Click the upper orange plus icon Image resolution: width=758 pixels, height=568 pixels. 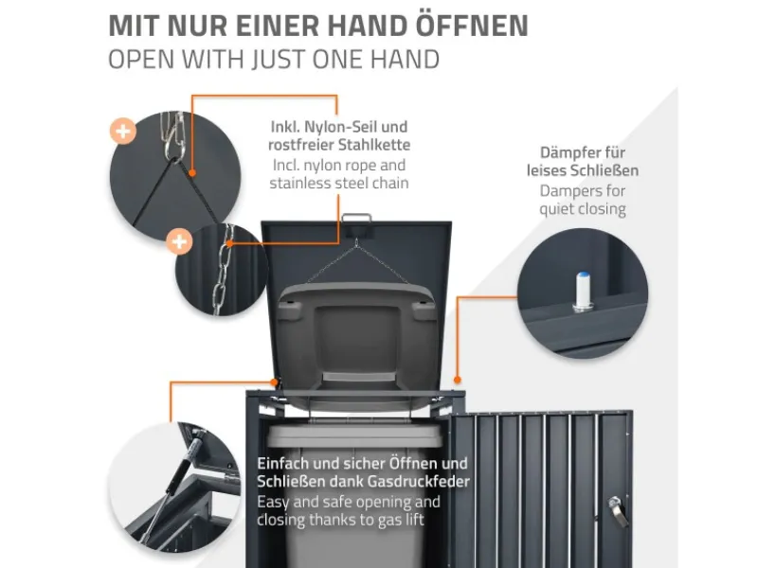[x=123, y=130]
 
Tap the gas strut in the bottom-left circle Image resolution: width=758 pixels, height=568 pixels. [x=188, y=457]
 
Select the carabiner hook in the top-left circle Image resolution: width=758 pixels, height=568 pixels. [x=175, y=133]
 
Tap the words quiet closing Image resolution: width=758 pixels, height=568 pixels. [x=583, y=209]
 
